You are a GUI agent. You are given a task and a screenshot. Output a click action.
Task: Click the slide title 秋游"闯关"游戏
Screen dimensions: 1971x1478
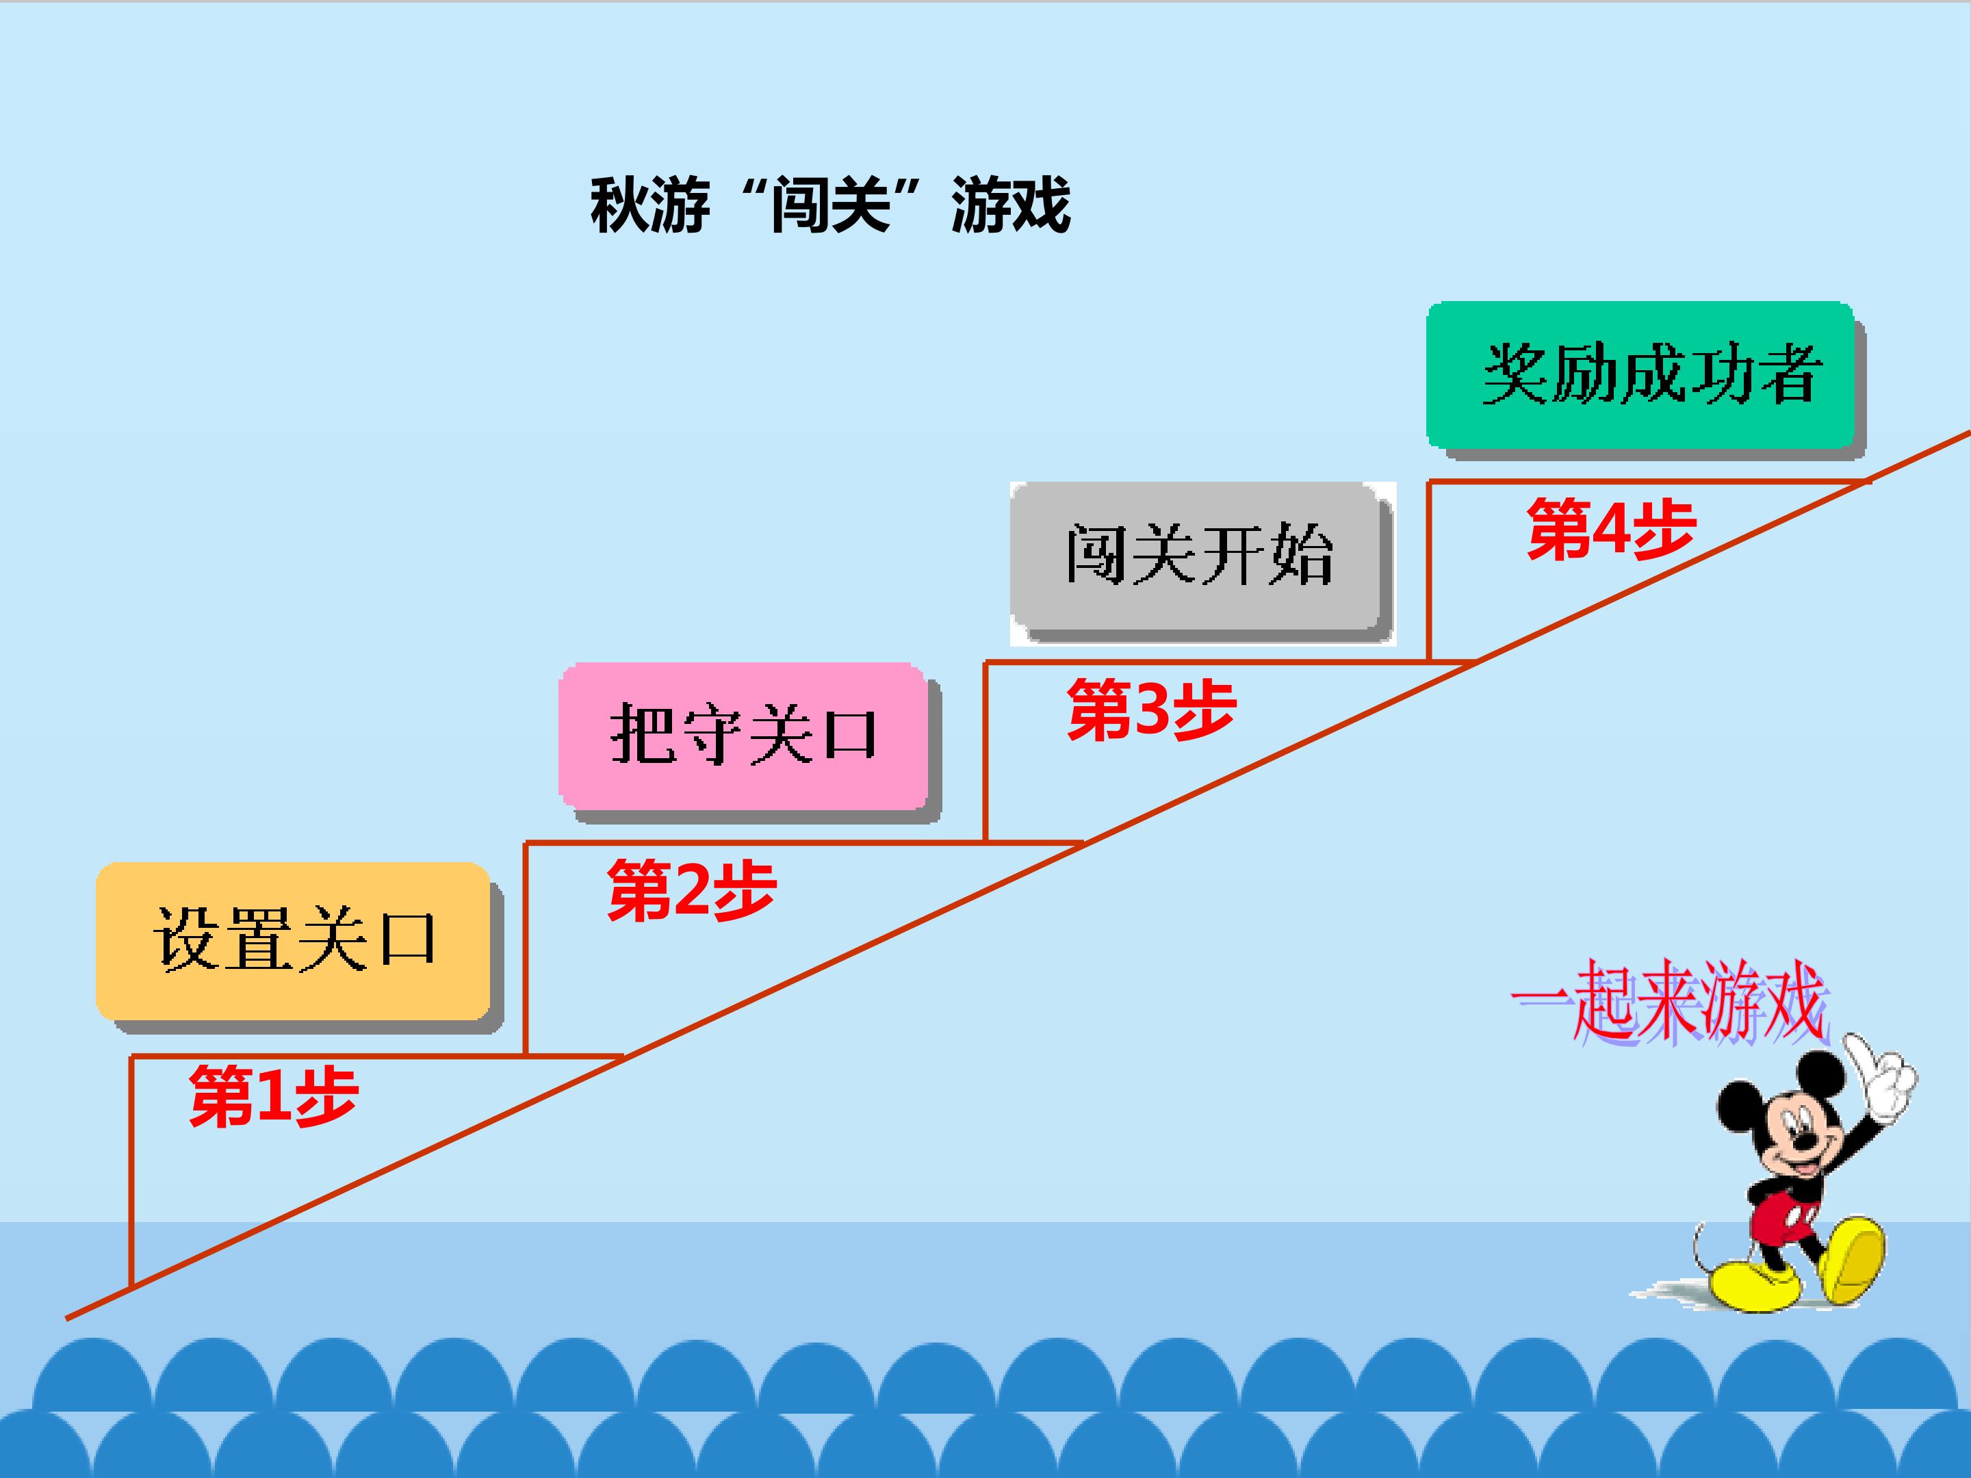click(830, 206)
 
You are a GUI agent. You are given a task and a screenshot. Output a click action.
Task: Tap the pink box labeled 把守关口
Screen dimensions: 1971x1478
click(743, 736)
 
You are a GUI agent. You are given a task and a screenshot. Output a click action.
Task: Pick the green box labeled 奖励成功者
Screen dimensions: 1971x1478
click(1640, 375)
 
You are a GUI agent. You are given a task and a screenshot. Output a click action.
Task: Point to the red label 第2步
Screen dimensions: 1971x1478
click(691, 890)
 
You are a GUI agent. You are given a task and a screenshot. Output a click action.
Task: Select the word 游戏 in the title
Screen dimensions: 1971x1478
click(1012, 206)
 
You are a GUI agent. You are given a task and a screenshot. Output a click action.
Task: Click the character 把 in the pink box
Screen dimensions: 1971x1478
click(641, 734)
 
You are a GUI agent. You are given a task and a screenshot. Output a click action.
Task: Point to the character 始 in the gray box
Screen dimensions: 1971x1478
click(1301, 555)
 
